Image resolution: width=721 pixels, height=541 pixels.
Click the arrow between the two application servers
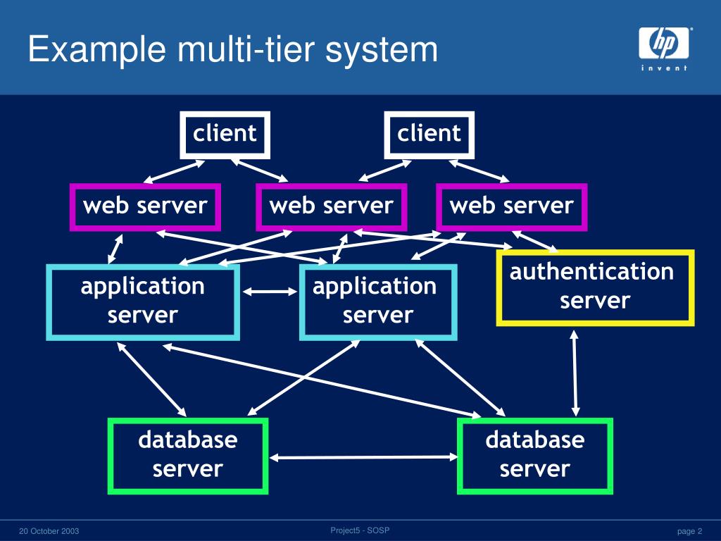pyautogui.click(x=270, y=291)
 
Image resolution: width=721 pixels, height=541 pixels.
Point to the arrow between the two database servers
pyautogui.click(x=363, y=457)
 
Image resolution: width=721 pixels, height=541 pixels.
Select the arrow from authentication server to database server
pyautogui.click(x=575, y=373)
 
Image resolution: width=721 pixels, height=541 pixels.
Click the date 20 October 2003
pyautogui.click(x=49, y=531)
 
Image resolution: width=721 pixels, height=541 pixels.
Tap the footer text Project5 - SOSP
pyautogui.click(x=360, y=530)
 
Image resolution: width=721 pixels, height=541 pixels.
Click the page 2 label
pyautogui.click(x=690, y=531)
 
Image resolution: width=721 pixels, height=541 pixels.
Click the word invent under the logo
pyautogui.click(x=664, y=68)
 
